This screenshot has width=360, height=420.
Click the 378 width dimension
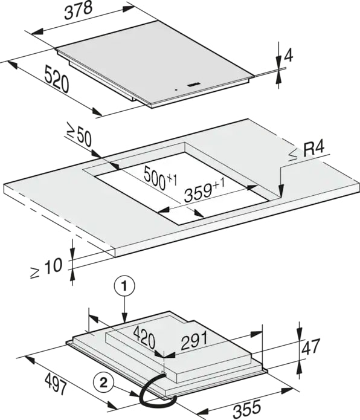pos(79,11)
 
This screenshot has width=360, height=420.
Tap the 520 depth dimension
pos(56,79)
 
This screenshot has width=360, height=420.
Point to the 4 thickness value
pos(289,56)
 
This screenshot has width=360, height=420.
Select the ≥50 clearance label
pos(79,137)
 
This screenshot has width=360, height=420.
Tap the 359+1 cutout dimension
pos(204,191)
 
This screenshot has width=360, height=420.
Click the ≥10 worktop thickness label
pos(47,268)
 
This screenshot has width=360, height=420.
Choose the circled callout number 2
pos(103,383)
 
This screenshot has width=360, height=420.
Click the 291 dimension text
pos(194,341)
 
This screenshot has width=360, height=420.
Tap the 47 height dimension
pos(310,347)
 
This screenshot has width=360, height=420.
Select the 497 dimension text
pos(56,384)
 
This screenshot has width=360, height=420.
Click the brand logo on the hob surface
pos(191,85)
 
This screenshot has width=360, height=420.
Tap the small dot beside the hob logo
pos(175,90)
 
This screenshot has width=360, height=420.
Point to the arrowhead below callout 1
pos(124,317)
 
